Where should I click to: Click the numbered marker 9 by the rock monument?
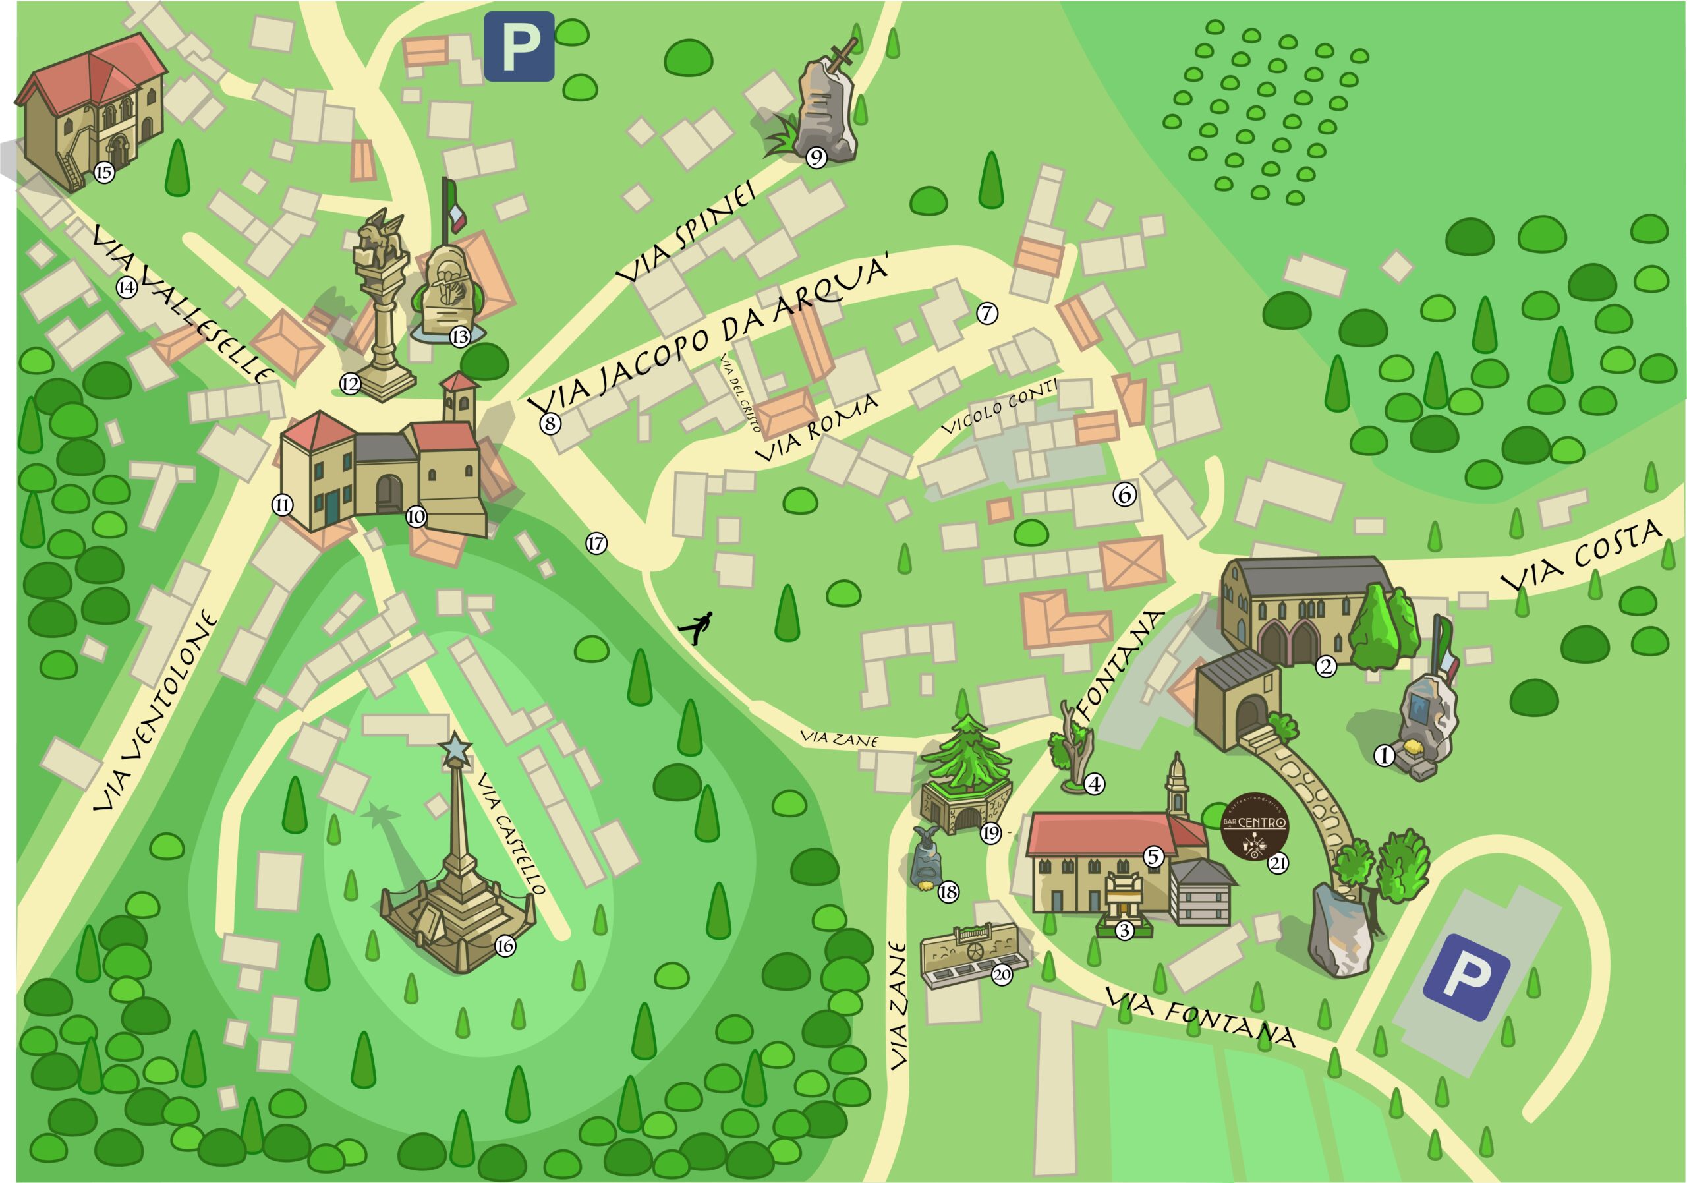816,158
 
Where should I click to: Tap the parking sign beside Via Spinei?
519,46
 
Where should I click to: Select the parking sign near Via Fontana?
1466,977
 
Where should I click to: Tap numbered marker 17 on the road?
596,544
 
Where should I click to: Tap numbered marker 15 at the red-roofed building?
104,173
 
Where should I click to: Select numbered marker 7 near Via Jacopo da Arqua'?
986,313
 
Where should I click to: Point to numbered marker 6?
1124,494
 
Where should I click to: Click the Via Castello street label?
511,834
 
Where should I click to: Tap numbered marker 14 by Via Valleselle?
127,287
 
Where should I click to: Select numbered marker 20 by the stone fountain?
1002,975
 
